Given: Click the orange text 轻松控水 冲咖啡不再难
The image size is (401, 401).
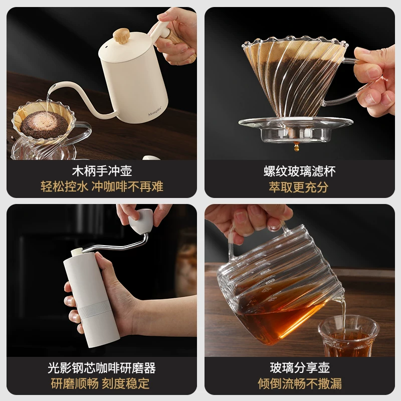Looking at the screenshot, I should pyautogui.click(x=102, y=187).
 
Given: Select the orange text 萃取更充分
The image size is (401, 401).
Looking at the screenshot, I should pyautogui.click(x=299, y=187).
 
